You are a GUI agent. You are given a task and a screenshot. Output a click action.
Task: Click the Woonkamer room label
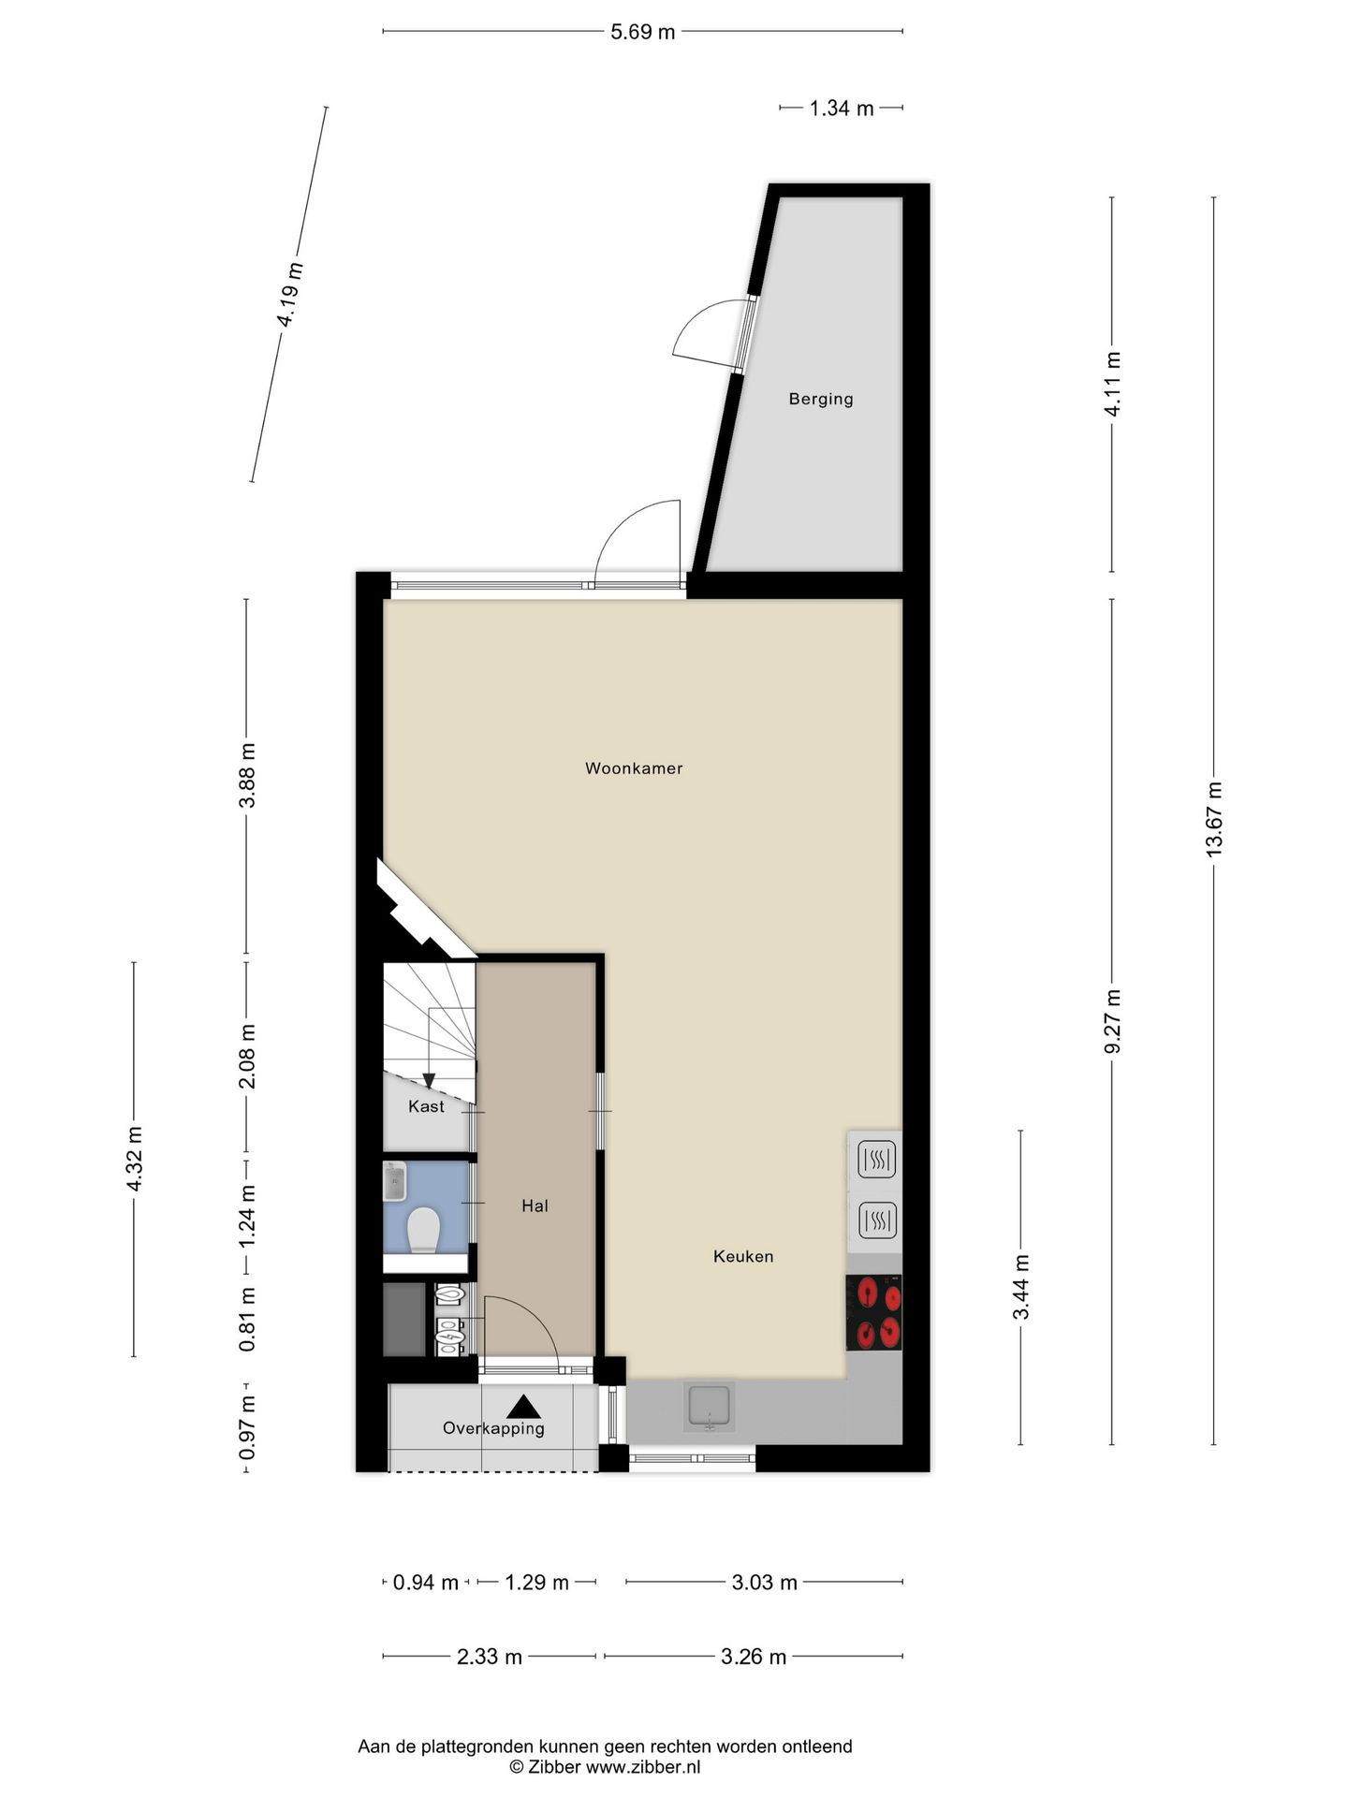(x=634, y=768)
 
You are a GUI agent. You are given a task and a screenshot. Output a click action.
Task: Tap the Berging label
(x=821, y=399)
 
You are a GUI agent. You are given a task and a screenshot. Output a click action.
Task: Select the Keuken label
(x=743, y=1256)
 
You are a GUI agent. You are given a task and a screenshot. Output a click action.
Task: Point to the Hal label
(x=535, y=1205)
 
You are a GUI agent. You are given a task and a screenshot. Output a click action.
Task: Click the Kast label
(x=426, y=1106)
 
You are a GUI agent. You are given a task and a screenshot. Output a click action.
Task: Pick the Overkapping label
(x=493, y=1428)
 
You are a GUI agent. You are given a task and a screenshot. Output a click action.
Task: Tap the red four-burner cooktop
(x=874, y=1312)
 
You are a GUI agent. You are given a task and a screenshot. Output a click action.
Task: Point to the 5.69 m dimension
(x=642, y=32)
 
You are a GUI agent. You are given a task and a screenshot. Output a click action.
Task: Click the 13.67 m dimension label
(x=1214, y=819)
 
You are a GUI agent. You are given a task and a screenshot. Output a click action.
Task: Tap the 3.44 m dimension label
(x=1021, y=1287)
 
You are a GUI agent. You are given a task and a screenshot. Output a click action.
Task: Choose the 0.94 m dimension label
(x=426, y=1583)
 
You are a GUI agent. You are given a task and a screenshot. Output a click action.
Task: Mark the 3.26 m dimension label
(x=754, y=1658)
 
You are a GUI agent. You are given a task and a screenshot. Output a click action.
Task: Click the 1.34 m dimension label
(x=842, y=109)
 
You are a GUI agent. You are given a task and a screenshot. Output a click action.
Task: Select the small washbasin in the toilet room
(x=394, y=1181)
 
